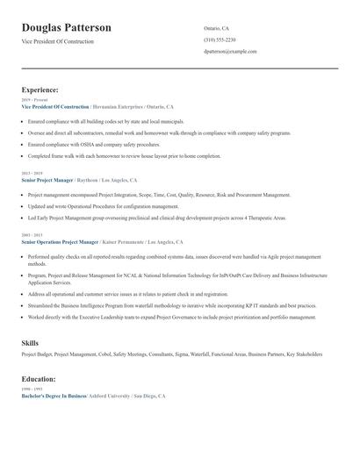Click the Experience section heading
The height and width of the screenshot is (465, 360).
[40, 89]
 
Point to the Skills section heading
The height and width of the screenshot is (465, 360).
[31, 342]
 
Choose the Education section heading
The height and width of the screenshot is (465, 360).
[39, 379]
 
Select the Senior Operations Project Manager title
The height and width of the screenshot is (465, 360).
[58, 240]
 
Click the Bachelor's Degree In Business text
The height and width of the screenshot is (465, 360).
[53, 397]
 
